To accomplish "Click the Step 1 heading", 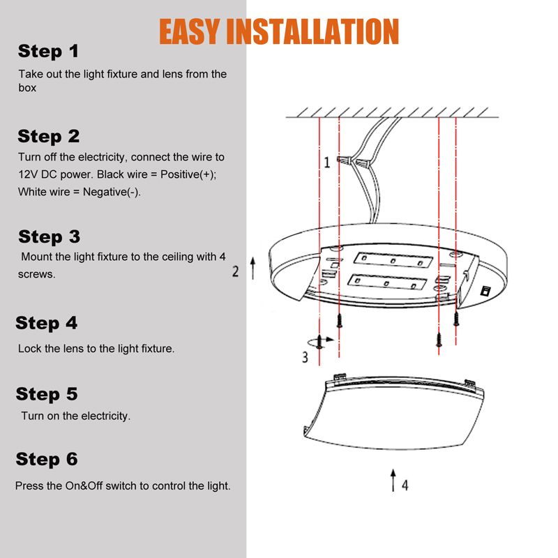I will (48, 51).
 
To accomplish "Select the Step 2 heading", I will (49, 136).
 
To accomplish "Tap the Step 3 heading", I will (49, 236).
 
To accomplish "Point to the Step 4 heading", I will (47, 323).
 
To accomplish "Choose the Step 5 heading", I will (47, 394).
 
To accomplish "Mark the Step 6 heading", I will (47, 459).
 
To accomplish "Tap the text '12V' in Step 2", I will (29, 174).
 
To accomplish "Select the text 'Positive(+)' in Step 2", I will (188, 174).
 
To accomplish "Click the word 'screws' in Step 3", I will (36, 274).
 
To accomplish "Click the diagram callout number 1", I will (326, 163).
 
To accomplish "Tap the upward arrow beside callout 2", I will (252, 269).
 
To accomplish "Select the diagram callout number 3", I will (304, 357).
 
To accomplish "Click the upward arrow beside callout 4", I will (393, 481).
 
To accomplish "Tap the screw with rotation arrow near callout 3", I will (319, 342).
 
